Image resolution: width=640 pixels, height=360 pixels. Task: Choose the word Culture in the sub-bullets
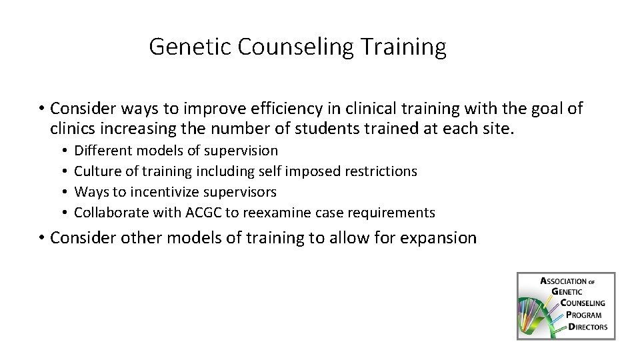[x=97, y=171]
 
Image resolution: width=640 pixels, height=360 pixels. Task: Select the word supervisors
[x=239, y=192]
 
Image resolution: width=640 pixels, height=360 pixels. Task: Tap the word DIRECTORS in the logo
[x=587, y=327]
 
